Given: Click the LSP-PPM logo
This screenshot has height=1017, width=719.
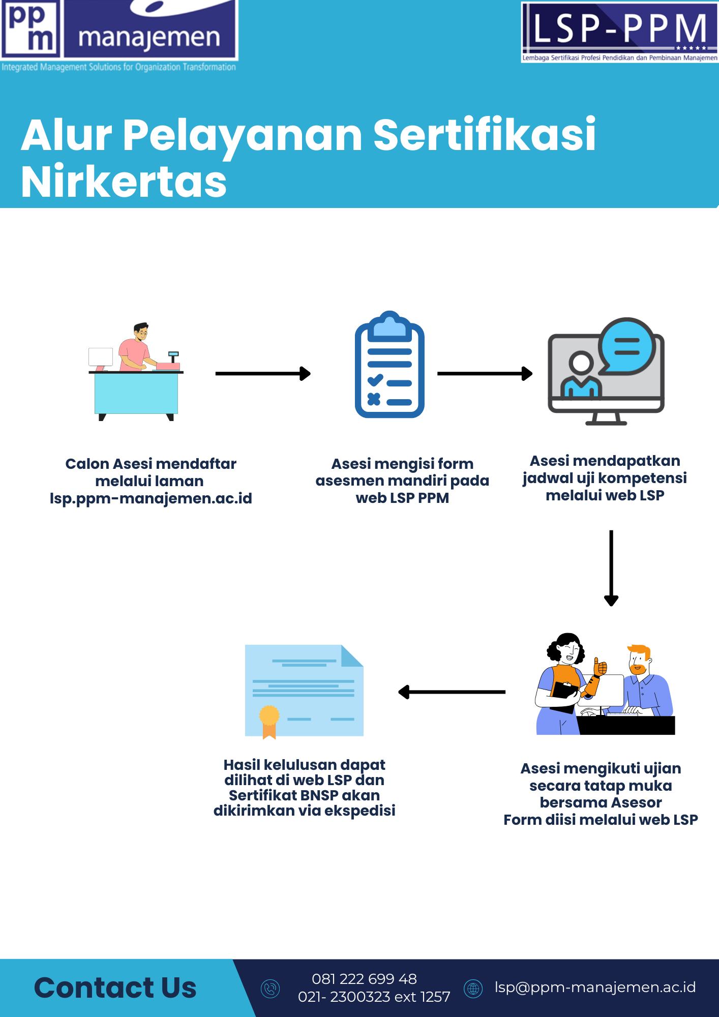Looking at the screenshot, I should [x=619, y=32].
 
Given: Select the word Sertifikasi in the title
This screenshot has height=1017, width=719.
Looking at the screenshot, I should [x=484, y=135].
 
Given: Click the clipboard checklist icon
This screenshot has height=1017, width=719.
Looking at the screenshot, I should [x=390, y=365].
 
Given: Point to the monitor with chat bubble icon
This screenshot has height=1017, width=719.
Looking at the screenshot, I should [x=606, y=372].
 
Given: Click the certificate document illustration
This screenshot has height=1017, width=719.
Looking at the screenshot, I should [x=304, y=691].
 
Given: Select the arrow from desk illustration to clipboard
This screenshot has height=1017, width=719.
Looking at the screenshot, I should [x=263, y=374].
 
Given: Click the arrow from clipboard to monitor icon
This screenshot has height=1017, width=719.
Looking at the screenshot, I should [x=485, y=374].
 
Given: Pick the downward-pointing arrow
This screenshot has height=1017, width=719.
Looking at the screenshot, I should [x=611, y=567].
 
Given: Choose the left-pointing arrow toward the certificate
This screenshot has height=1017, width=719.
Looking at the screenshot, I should [x=452, y=692].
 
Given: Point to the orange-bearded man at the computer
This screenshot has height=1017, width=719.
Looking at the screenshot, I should [x=646, y=681].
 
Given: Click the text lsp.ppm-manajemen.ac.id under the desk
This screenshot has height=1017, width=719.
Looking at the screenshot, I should [x=151, y=498].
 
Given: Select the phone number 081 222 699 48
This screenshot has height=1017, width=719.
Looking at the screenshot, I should [x=364, y=979].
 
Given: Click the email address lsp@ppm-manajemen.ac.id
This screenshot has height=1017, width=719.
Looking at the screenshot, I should [x=595, y=988].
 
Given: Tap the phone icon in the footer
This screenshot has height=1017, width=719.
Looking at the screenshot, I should [x=270, y=989].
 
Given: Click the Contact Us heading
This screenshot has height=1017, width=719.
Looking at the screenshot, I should [x=115, y=988].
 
